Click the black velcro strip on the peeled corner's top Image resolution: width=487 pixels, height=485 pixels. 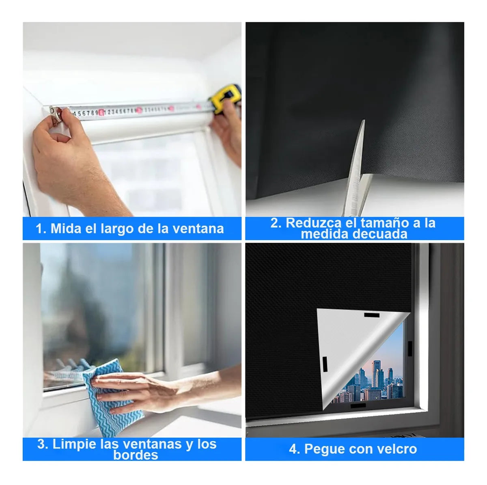click(x=372, y=315)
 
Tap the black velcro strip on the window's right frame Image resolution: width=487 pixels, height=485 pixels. click(x=409, y=348)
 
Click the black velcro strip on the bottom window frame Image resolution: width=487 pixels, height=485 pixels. click(x=358, y=413)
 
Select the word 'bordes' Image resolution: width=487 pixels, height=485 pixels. click(x=136, y=455)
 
